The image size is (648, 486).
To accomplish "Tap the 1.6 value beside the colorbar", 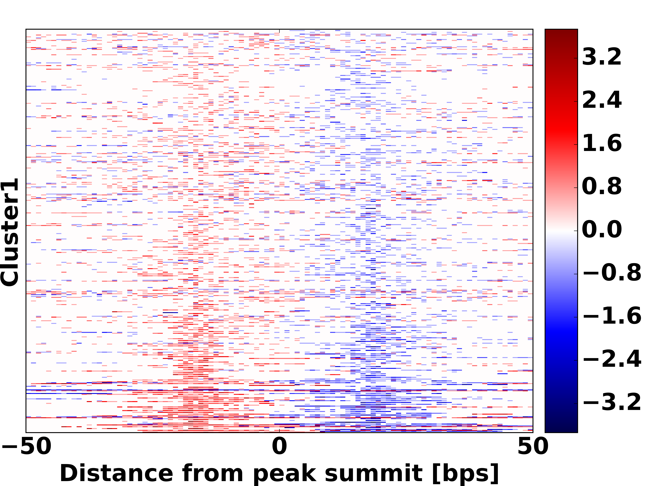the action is click(602, 143).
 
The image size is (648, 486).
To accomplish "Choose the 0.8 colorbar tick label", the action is click(602, 186).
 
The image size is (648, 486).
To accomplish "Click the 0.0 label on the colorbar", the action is click(602, 229).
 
